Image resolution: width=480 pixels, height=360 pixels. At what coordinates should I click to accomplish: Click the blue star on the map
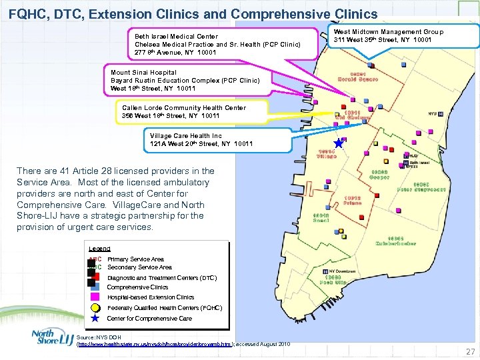tap(339, 143)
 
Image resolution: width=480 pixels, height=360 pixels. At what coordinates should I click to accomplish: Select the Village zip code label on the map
tap(327, 155)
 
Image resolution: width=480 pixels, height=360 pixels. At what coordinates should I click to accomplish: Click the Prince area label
tap(353, 201)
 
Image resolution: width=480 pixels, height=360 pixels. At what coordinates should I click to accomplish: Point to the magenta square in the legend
tap(95, 297)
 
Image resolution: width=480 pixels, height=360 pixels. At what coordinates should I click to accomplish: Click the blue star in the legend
tap(95, 319)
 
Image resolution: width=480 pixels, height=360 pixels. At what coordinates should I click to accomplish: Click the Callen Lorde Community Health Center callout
tap(193, 111)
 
